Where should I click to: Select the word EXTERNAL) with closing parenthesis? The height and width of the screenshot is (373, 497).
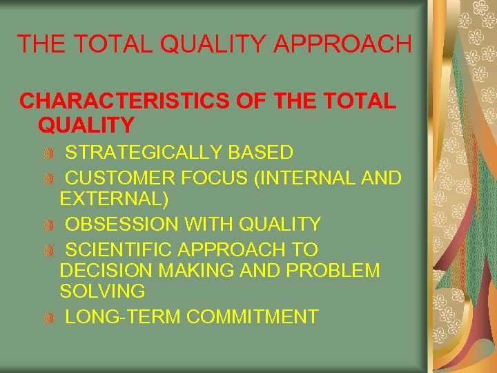coord(114,200)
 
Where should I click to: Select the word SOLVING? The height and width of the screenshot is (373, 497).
coord(102,291)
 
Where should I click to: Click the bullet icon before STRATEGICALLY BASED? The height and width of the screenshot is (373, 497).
coord(48,153)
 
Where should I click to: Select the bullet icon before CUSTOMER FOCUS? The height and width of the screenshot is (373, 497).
coord(48,178)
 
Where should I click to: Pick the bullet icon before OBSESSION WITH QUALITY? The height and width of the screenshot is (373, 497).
coord(48,225)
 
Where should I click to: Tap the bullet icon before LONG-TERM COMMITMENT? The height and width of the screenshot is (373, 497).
coord(48,318)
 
